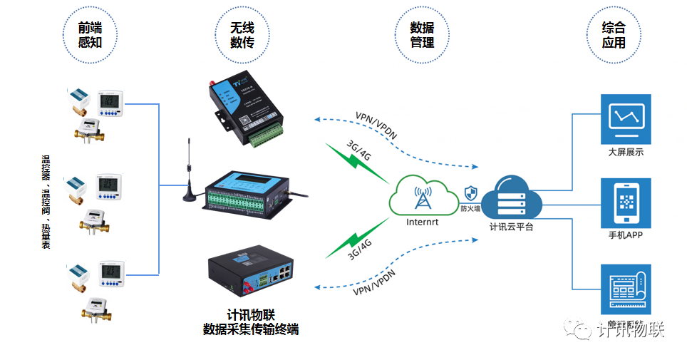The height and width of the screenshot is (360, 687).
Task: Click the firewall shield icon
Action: pyautogui.click(x=470, y=192)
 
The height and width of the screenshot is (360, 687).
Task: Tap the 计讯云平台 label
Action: pyautogui.click(x=512, y=227)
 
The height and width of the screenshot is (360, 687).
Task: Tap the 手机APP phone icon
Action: pyautogui.click(x=626, y=202)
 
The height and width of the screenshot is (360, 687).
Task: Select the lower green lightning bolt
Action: pyautogui.click(x=353, y=239)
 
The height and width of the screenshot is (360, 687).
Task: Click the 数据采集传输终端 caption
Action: pyautogui.click(x=250, y=329)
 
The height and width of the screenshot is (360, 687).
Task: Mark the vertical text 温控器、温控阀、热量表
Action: pyautogui.click(x=46, y=199)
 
